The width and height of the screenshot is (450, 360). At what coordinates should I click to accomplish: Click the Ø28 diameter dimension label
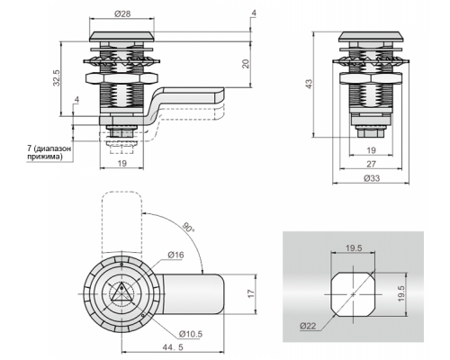coord(122,13)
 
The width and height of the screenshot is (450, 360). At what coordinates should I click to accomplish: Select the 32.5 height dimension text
coord(57,77)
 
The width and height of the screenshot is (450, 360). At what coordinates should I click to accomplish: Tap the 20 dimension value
coord(246,64)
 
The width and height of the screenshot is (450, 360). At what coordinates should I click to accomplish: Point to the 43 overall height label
coord(309,84)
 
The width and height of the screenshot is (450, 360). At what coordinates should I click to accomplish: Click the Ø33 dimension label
coord(372,178)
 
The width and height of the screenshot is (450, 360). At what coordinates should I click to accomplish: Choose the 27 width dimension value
coord(372,164)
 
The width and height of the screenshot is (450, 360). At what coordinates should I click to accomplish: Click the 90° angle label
coord(189,227)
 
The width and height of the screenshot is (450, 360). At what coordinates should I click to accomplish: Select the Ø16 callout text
coord(175,255)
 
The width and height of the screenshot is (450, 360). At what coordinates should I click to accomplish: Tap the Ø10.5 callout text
coord(191,334)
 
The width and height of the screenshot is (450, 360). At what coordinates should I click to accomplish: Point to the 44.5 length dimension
coord(173,347)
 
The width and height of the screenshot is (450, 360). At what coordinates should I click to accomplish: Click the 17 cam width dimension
coord(251,293)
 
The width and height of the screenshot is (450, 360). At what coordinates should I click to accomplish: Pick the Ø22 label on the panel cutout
coord(308,326)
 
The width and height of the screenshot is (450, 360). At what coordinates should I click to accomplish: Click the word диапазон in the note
coord(53,148)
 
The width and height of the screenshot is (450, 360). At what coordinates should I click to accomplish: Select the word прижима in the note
coord(44,157)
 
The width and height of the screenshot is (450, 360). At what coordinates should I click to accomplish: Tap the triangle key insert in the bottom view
coord(121,292)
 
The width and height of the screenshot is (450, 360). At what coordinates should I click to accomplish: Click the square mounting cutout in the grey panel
coord(353,294)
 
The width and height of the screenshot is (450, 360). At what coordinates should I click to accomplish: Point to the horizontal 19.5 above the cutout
coord(354,248)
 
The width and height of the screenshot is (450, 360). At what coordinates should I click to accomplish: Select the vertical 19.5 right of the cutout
coord(401,293)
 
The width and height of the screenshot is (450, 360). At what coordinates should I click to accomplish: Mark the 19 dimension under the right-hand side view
coord(372,150)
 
